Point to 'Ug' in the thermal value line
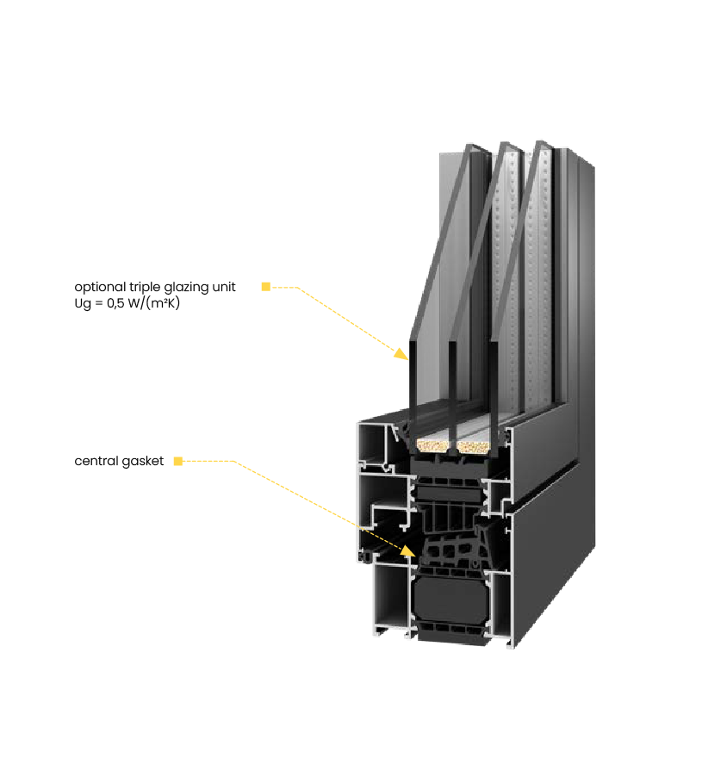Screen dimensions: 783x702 82,303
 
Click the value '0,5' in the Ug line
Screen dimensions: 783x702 115,303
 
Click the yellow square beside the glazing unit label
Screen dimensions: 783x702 266,287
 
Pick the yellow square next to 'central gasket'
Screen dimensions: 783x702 178,461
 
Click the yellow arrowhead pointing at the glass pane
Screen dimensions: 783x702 401,352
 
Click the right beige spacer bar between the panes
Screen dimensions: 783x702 474,446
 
